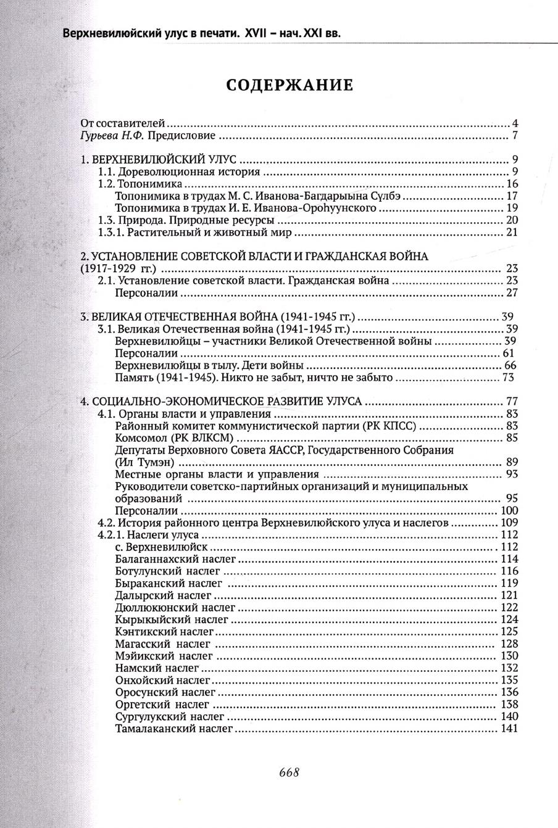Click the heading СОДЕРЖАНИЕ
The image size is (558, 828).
pos(289,85)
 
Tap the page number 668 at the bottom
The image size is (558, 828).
pos(289,772)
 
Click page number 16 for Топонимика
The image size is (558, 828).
pos(511,184)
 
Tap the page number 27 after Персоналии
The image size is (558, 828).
pos(511,293)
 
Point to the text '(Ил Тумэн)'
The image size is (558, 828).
pos(144,462)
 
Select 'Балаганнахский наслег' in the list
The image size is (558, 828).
pos(167,559)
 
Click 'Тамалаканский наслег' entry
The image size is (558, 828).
pos(173,729)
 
